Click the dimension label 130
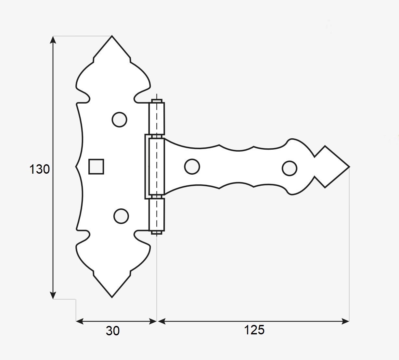39,169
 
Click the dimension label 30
113,331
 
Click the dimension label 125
254,330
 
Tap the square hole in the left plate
96,167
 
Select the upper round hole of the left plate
119,119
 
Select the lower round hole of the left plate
121,216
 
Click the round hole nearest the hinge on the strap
192,167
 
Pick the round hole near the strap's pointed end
289,168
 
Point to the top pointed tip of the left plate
112,37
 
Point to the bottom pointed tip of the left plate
112,296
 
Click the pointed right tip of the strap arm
348,167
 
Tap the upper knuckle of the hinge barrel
157,118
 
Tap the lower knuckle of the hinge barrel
157,214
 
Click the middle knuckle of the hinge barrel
156,167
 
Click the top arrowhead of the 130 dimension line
53,39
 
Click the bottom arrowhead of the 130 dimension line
53,295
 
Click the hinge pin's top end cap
157,101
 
